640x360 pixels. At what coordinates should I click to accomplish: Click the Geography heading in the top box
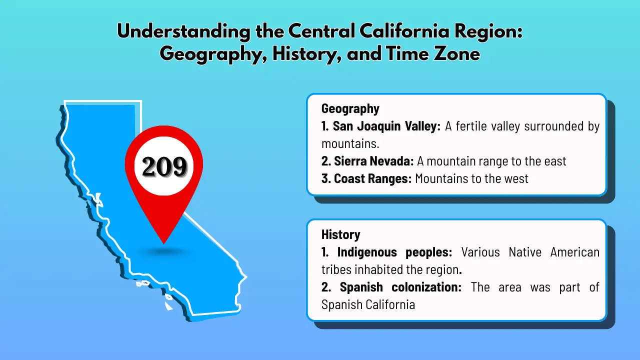pos(350,108)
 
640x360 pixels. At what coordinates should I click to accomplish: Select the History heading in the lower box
pos(340,234)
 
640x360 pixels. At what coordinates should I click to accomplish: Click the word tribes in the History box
pos(336,269)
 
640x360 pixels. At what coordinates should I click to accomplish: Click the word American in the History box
pos(574,252)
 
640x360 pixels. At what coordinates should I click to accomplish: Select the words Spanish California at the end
pos(368,304)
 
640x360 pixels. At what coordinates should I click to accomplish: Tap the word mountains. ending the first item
pos(350,143)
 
